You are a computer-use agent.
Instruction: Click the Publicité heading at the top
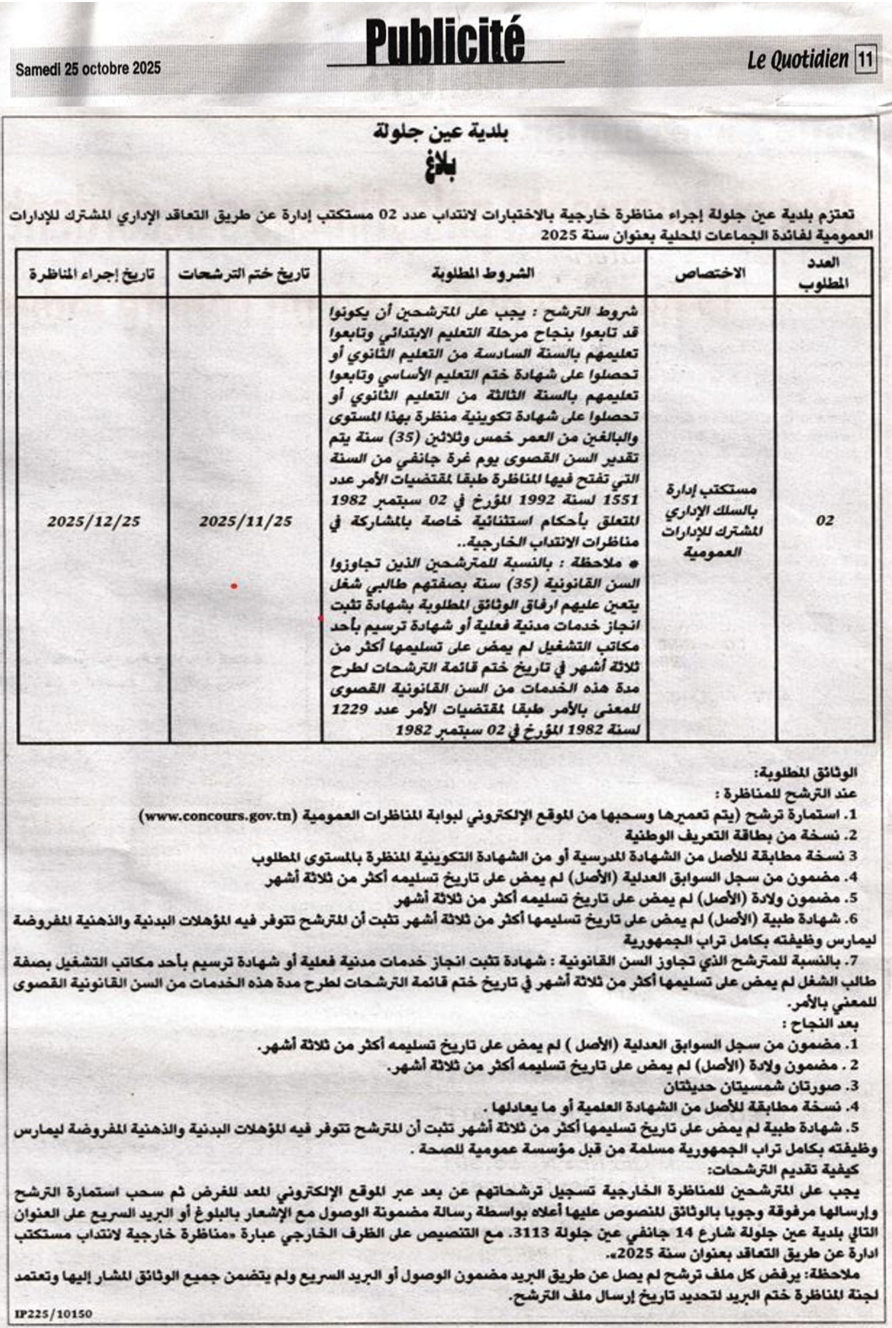coord(445,41)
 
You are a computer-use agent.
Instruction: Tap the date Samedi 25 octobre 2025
coord(88,68)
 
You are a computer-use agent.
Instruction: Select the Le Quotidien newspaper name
coord(798,61)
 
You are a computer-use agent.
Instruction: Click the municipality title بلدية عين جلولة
coord(441,133)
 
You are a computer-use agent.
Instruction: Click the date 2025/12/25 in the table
coord(93,521)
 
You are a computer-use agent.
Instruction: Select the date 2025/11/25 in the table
coord(245,521)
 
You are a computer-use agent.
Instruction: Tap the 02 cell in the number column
coord(825,520)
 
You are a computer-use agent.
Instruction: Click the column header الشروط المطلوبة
coord(483,273)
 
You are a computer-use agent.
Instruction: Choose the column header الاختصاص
coord(710,273)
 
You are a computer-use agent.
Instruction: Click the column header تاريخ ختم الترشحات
coord(244,273)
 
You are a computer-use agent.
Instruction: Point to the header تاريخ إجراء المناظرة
coord(92,273)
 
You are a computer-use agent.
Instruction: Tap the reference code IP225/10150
coord(53,1313)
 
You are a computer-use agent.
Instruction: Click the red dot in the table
coord(234,586)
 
